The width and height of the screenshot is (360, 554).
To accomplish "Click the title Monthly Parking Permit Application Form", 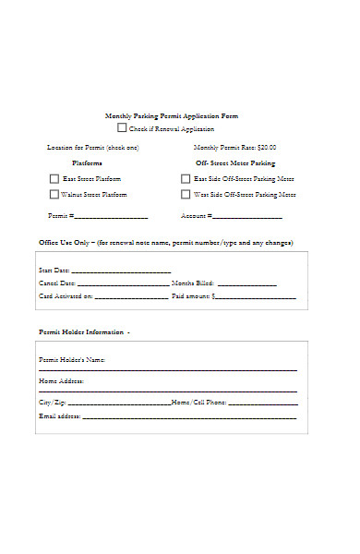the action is click(x=172, y=116).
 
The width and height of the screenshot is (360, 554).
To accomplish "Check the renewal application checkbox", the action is click(x=122, y=128).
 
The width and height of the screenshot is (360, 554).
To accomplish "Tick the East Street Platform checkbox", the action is click(x=54, y=179).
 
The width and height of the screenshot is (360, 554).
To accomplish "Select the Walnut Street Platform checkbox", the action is click(x=54, y=195).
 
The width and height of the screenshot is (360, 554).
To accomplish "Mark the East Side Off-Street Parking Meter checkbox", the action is click(x=186, y=179).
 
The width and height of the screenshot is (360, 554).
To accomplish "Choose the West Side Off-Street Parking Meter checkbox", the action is click(x=186, y=195).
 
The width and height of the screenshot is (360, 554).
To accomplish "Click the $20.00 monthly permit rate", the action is click(x=267, y=148).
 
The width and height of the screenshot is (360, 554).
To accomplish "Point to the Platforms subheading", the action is click(x=88, y=163).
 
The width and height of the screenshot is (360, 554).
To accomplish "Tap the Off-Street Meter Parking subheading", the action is click(x=235, y=163).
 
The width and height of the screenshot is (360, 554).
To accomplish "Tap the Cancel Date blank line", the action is click(x=123, y=284).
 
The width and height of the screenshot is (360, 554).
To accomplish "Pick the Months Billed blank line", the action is click(x=246, y=284).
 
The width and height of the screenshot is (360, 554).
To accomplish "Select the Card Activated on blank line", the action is click(x=131, y=297).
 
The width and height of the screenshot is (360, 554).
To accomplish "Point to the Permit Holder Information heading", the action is click(x=84, y=331).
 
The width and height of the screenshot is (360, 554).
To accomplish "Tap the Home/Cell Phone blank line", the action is click(x=263, y=403).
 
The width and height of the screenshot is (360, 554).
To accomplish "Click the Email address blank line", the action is click(x=189, y=417).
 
